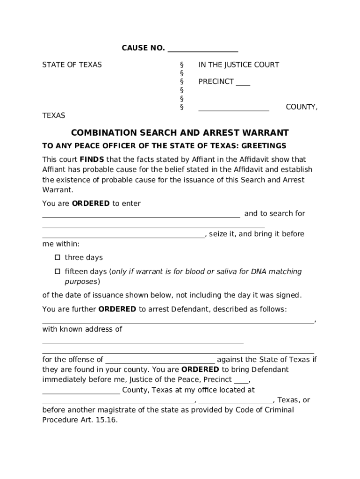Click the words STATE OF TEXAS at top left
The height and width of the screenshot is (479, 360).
pos(72,65)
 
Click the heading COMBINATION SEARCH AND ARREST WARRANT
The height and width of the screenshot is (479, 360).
pos(180,133)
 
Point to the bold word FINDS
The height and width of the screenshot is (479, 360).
pos(92,159)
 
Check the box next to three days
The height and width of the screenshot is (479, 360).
pos(58,257)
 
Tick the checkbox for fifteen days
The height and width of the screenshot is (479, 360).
pos(58,271)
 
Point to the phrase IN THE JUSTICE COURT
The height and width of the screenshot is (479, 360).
pos(238,65)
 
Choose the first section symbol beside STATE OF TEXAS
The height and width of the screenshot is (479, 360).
pos(181,65)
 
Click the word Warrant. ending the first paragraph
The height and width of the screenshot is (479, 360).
pos(58,190)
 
